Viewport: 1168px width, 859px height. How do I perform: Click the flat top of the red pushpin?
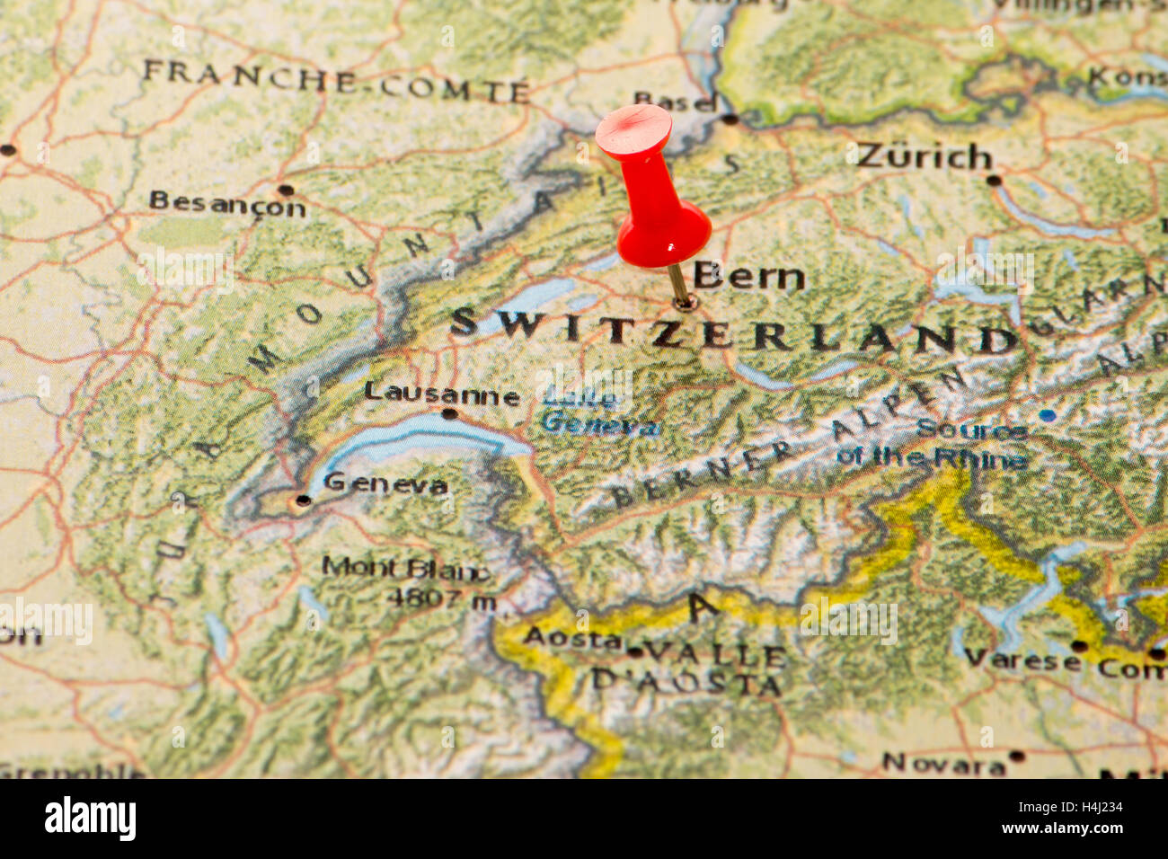(633, 128)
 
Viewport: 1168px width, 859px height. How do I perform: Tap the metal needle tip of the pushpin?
(685, 303)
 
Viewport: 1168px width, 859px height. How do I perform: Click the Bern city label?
(748, 276)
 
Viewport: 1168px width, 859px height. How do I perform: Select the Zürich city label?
(924, 156)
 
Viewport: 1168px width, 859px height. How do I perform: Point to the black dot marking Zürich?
(993, 180)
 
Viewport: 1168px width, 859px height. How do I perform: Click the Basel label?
(674, 101)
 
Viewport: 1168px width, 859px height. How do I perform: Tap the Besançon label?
(226, 204)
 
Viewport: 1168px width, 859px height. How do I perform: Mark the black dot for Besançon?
(285, 190)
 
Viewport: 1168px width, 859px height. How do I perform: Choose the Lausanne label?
(441, 394)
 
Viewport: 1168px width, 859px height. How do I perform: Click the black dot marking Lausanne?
(448, 414)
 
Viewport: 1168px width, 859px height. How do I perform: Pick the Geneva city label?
(385, 483)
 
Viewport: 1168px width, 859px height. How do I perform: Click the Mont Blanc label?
(405, 569)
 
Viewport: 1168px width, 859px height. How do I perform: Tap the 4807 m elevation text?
(440, 598)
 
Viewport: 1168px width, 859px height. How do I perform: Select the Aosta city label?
(572, 639)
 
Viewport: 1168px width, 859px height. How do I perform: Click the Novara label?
(942, 765)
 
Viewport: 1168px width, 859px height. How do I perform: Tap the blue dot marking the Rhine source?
(1047, 415)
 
